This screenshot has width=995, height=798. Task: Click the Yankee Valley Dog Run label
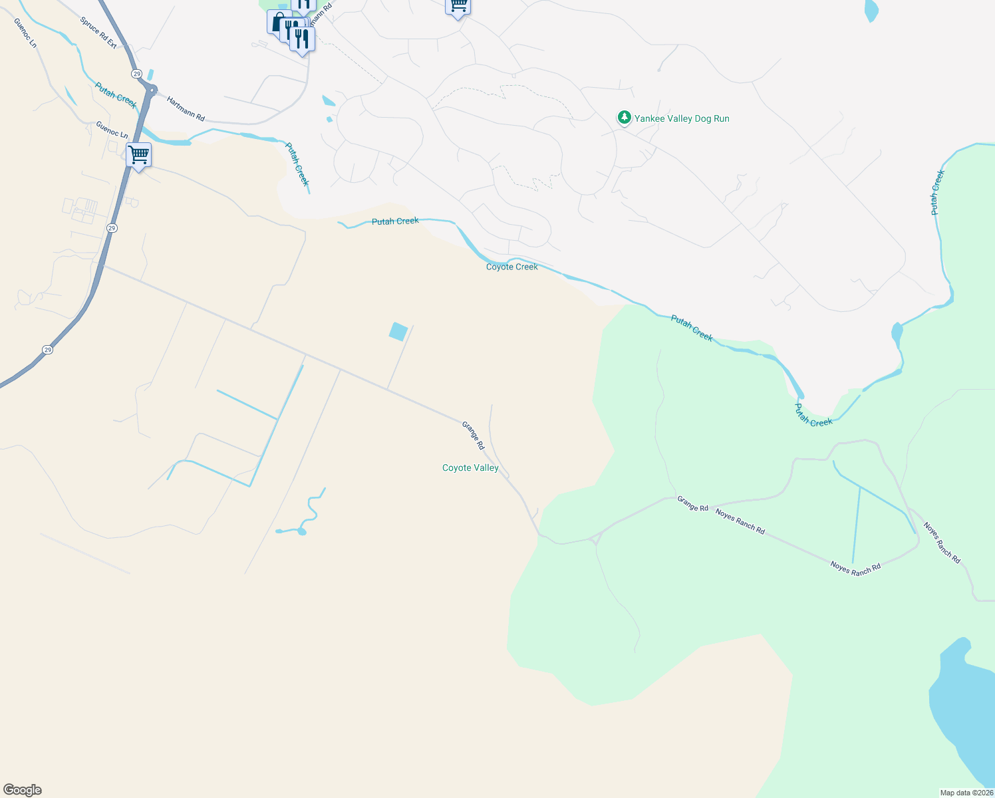coord(682,118)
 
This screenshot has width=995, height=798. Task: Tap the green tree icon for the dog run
coord(624,118)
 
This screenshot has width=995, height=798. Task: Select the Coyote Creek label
coord(511,267)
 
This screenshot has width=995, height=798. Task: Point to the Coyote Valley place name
coord(470,468)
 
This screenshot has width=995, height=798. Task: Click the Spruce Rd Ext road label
coord(98,33)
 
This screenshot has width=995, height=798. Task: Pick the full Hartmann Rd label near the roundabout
coord(186,109)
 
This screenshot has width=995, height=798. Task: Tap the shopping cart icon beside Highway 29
coord(138,155)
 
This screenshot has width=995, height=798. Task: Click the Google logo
coord(23,790)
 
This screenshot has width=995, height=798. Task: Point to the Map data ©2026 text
coord(966,793)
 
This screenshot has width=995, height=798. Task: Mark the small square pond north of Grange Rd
coord(398,331)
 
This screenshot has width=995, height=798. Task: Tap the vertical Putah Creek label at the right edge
coord(937,192)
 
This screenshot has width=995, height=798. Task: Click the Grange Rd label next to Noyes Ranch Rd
coord(692,503)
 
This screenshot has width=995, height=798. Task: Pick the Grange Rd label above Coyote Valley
coord(473,436)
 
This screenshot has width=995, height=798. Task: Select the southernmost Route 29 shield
coord(47,349)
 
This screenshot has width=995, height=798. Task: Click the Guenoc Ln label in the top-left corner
coord(25,33)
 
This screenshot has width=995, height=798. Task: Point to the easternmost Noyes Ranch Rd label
coord(941,543)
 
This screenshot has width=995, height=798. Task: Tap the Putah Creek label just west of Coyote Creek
coord(395,221)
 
